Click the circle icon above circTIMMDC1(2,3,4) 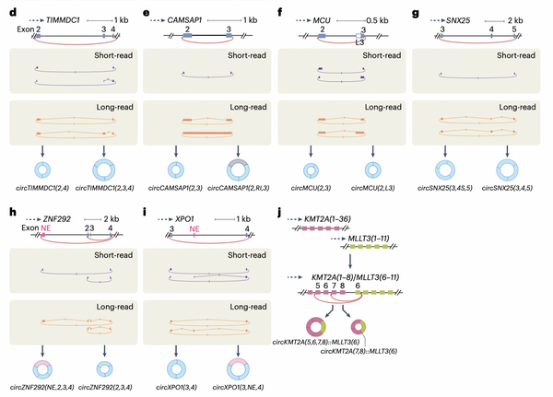(100, 171)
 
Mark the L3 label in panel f (359, 44)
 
